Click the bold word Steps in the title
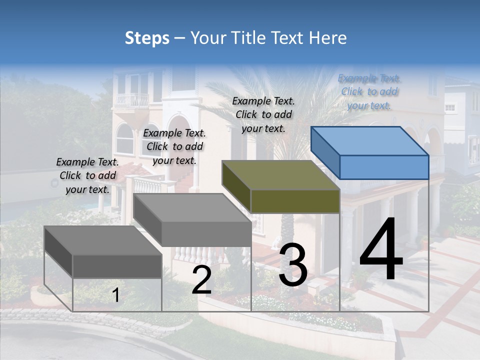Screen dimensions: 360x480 [x=147, y=38]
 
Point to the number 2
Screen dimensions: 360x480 [x=201, y=280]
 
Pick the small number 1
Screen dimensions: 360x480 [x=116, y=295]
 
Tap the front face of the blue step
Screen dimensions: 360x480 [x=384, y=167]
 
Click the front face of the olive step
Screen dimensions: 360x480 [x=295, y=201]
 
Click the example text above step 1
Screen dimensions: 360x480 [x=87, y=175]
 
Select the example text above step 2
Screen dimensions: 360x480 [x=174, y=146]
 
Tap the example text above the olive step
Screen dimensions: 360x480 [x=263, y=114]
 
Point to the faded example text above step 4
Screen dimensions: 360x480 [x=369, y=91]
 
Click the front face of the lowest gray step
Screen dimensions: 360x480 [x=117, y=266]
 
